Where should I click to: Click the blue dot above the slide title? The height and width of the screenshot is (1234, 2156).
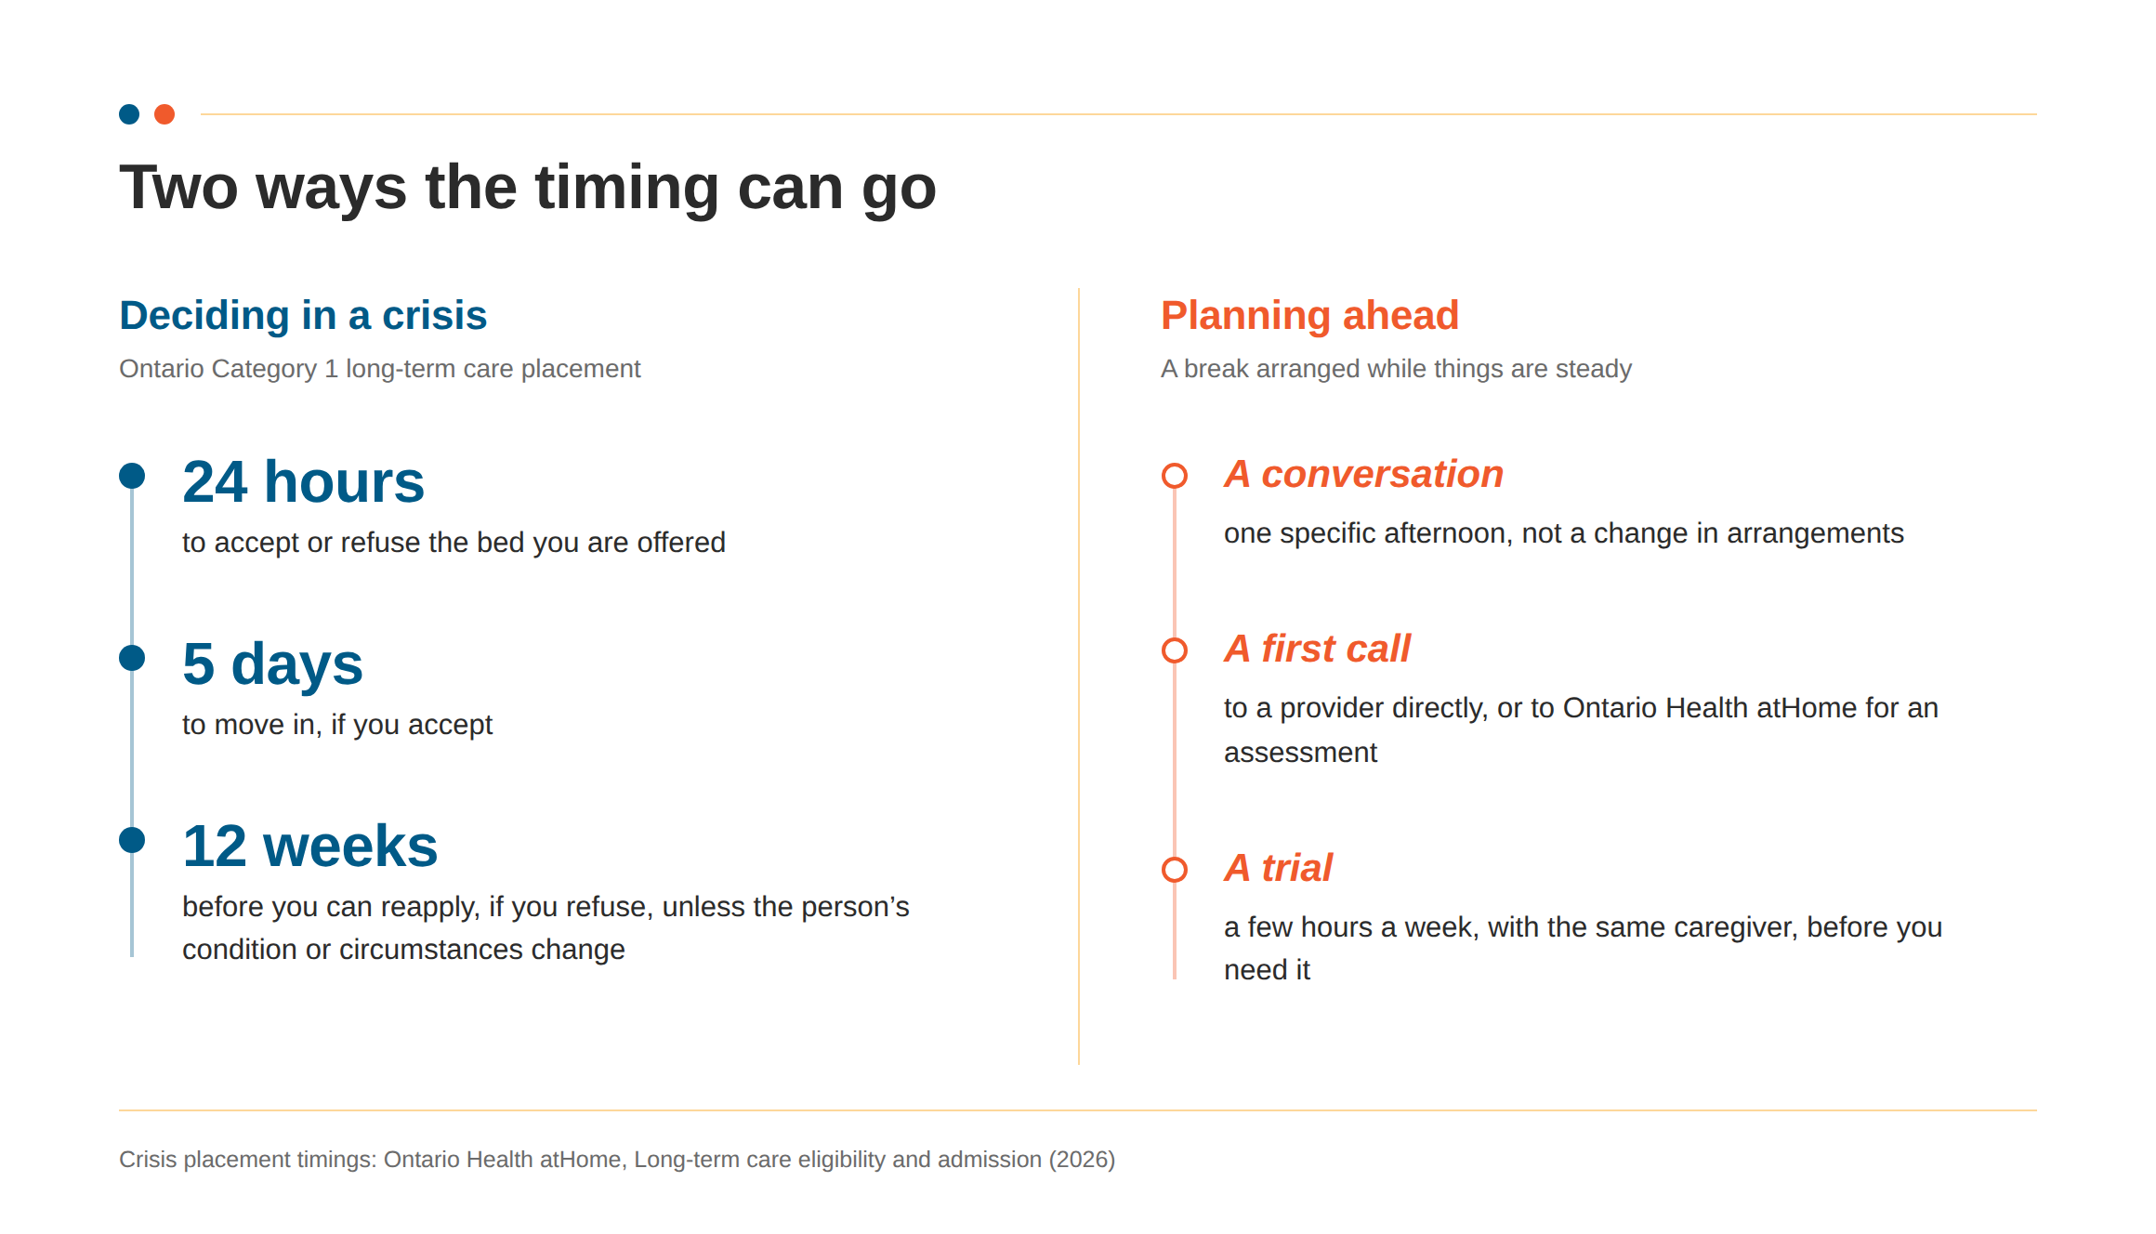pyautogui.click(x=129, y=114)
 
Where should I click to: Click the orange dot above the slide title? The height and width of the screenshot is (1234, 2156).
pyautogui.click(x=164, y=114)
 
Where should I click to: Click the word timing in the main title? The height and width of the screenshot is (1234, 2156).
pyautogui.click(x=627, y=189)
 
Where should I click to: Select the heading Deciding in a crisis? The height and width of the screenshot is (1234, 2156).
pyautogui.click(x=303, y=315)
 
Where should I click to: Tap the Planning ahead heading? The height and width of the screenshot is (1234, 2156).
pyautogui.click(x=1309, y=316)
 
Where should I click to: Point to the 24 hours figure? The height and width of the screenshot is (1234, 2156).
pyautogui.click(x=303, y=481)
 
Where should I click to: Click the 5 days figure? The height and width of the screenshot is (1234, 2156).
pyautogui.click(x=272, y=664)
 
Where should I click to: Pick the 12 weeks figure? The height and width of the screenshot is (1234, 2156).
pyautogui.click(x=309, y=846)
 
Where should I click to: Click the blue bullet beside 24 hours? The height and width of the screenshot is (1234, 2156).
pyautogui.click(x=132, y=476)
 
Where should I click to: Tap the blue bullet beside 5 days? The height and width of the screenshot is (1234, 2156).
pyautogui.click(x=132, y=658)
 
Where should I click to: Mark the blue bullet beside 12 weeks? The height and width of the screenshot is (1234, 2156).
pyautogui.click(x=132, y=840)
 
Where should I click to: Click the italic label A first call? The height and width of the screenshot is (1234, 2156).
pyautogui.click(x=1317, y=649)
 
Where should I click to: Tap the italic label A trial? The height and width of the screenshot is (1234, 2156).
pyautogui.click(x=1278, y=868)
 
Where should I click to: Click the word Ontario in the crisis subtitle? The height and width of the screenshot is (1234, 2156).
pyautogui.click(x=161, y=369)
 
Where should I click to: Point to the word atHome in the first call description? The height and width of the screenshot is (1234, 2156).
pyautogui.click(x=1808, y=708)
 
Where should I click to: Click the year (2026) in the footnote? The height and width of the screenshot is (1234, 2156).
pyautogui.click(x=1082, y=1160)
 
